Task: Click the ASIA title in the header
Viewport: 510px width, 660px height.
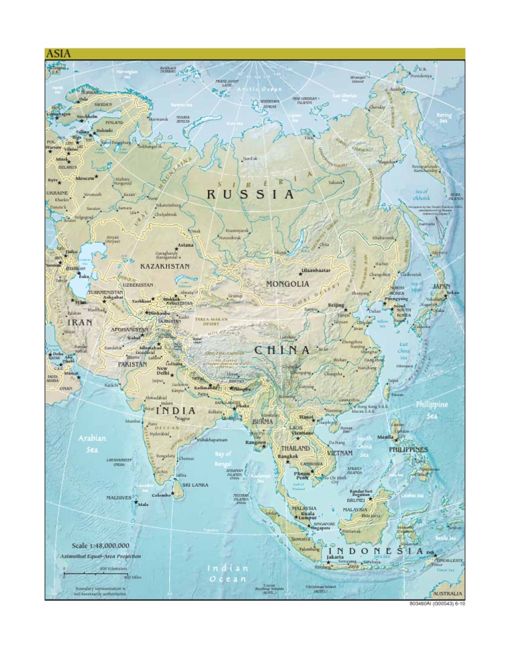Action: (x=58, y=54)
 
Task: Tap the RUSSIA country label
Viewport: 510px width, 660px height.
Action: (x=250, y=195)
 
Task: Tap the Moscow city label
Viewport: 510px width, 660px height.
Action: (x=84, y=178)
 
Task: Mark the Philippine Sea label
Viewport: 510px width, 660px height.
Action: (x=432, y=409)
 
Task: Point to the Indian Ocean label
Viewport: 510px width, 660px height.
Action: (x=228, y=574)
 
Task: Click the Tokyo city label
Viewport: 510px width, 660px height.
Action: (x=453, y=293)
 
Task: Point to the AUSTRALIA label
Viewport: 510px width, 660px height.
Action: (x=448, y=592)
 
